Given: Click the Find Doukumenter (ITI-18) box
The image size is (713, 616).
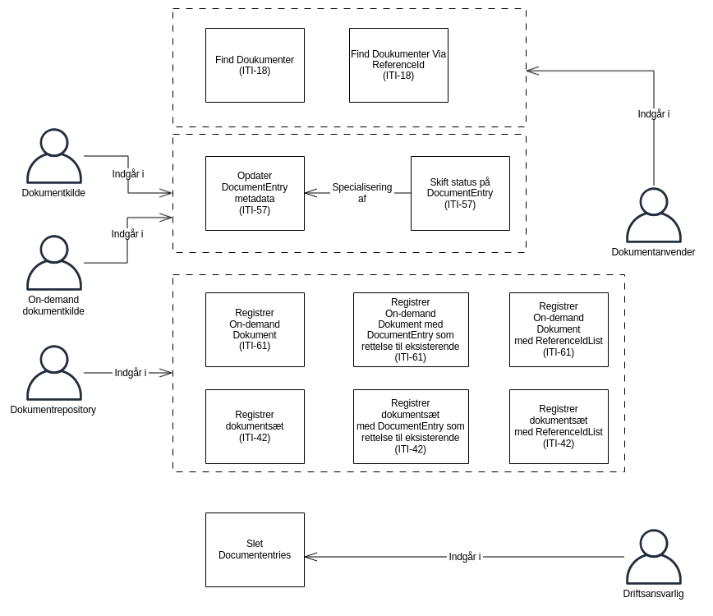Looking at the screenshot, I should coord(255,66).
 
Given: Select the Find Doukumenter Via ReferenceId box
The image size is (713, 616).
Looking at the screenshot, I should coord(398,66).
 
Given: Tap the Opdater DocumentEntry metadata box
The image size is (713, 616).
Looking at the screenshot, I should coord(255,193).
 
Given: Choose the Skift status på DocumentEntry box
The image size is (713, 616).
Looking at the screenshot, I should coord(460,193).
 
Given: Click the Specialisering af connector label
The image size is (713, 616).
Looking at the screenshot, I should coord(361,193).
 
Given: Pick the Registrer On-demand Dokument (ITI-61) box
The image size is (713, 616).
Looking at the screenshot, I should coord(255,329).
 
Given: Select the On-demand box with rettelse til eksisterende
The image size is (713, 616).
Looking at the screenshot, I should coord(411,329).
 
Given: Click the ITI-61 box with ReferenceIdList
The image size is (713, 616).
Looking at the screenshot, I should coord(559,329).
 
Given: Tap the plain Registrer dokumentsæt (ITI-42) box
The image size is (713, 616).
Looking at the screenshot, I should coord(255,426).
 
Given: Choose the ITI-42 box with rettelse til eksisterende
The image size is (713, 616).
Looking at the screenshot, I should coord(411,426).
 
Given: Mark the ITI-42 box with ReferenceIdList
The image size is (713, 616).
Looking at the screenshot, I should coord(559,426).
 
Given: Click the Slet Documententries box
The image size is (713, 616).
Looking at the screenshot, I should coord(255,549).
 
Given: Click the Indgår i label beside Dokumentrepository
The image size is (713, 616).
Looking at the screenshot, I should coord(131,373).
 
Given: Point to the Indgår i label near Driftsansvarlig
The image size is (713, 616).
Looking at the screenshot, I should coord(465,557).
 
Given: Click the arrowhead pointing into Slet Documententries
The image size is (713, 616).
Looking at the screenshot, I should coord(310,557).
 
